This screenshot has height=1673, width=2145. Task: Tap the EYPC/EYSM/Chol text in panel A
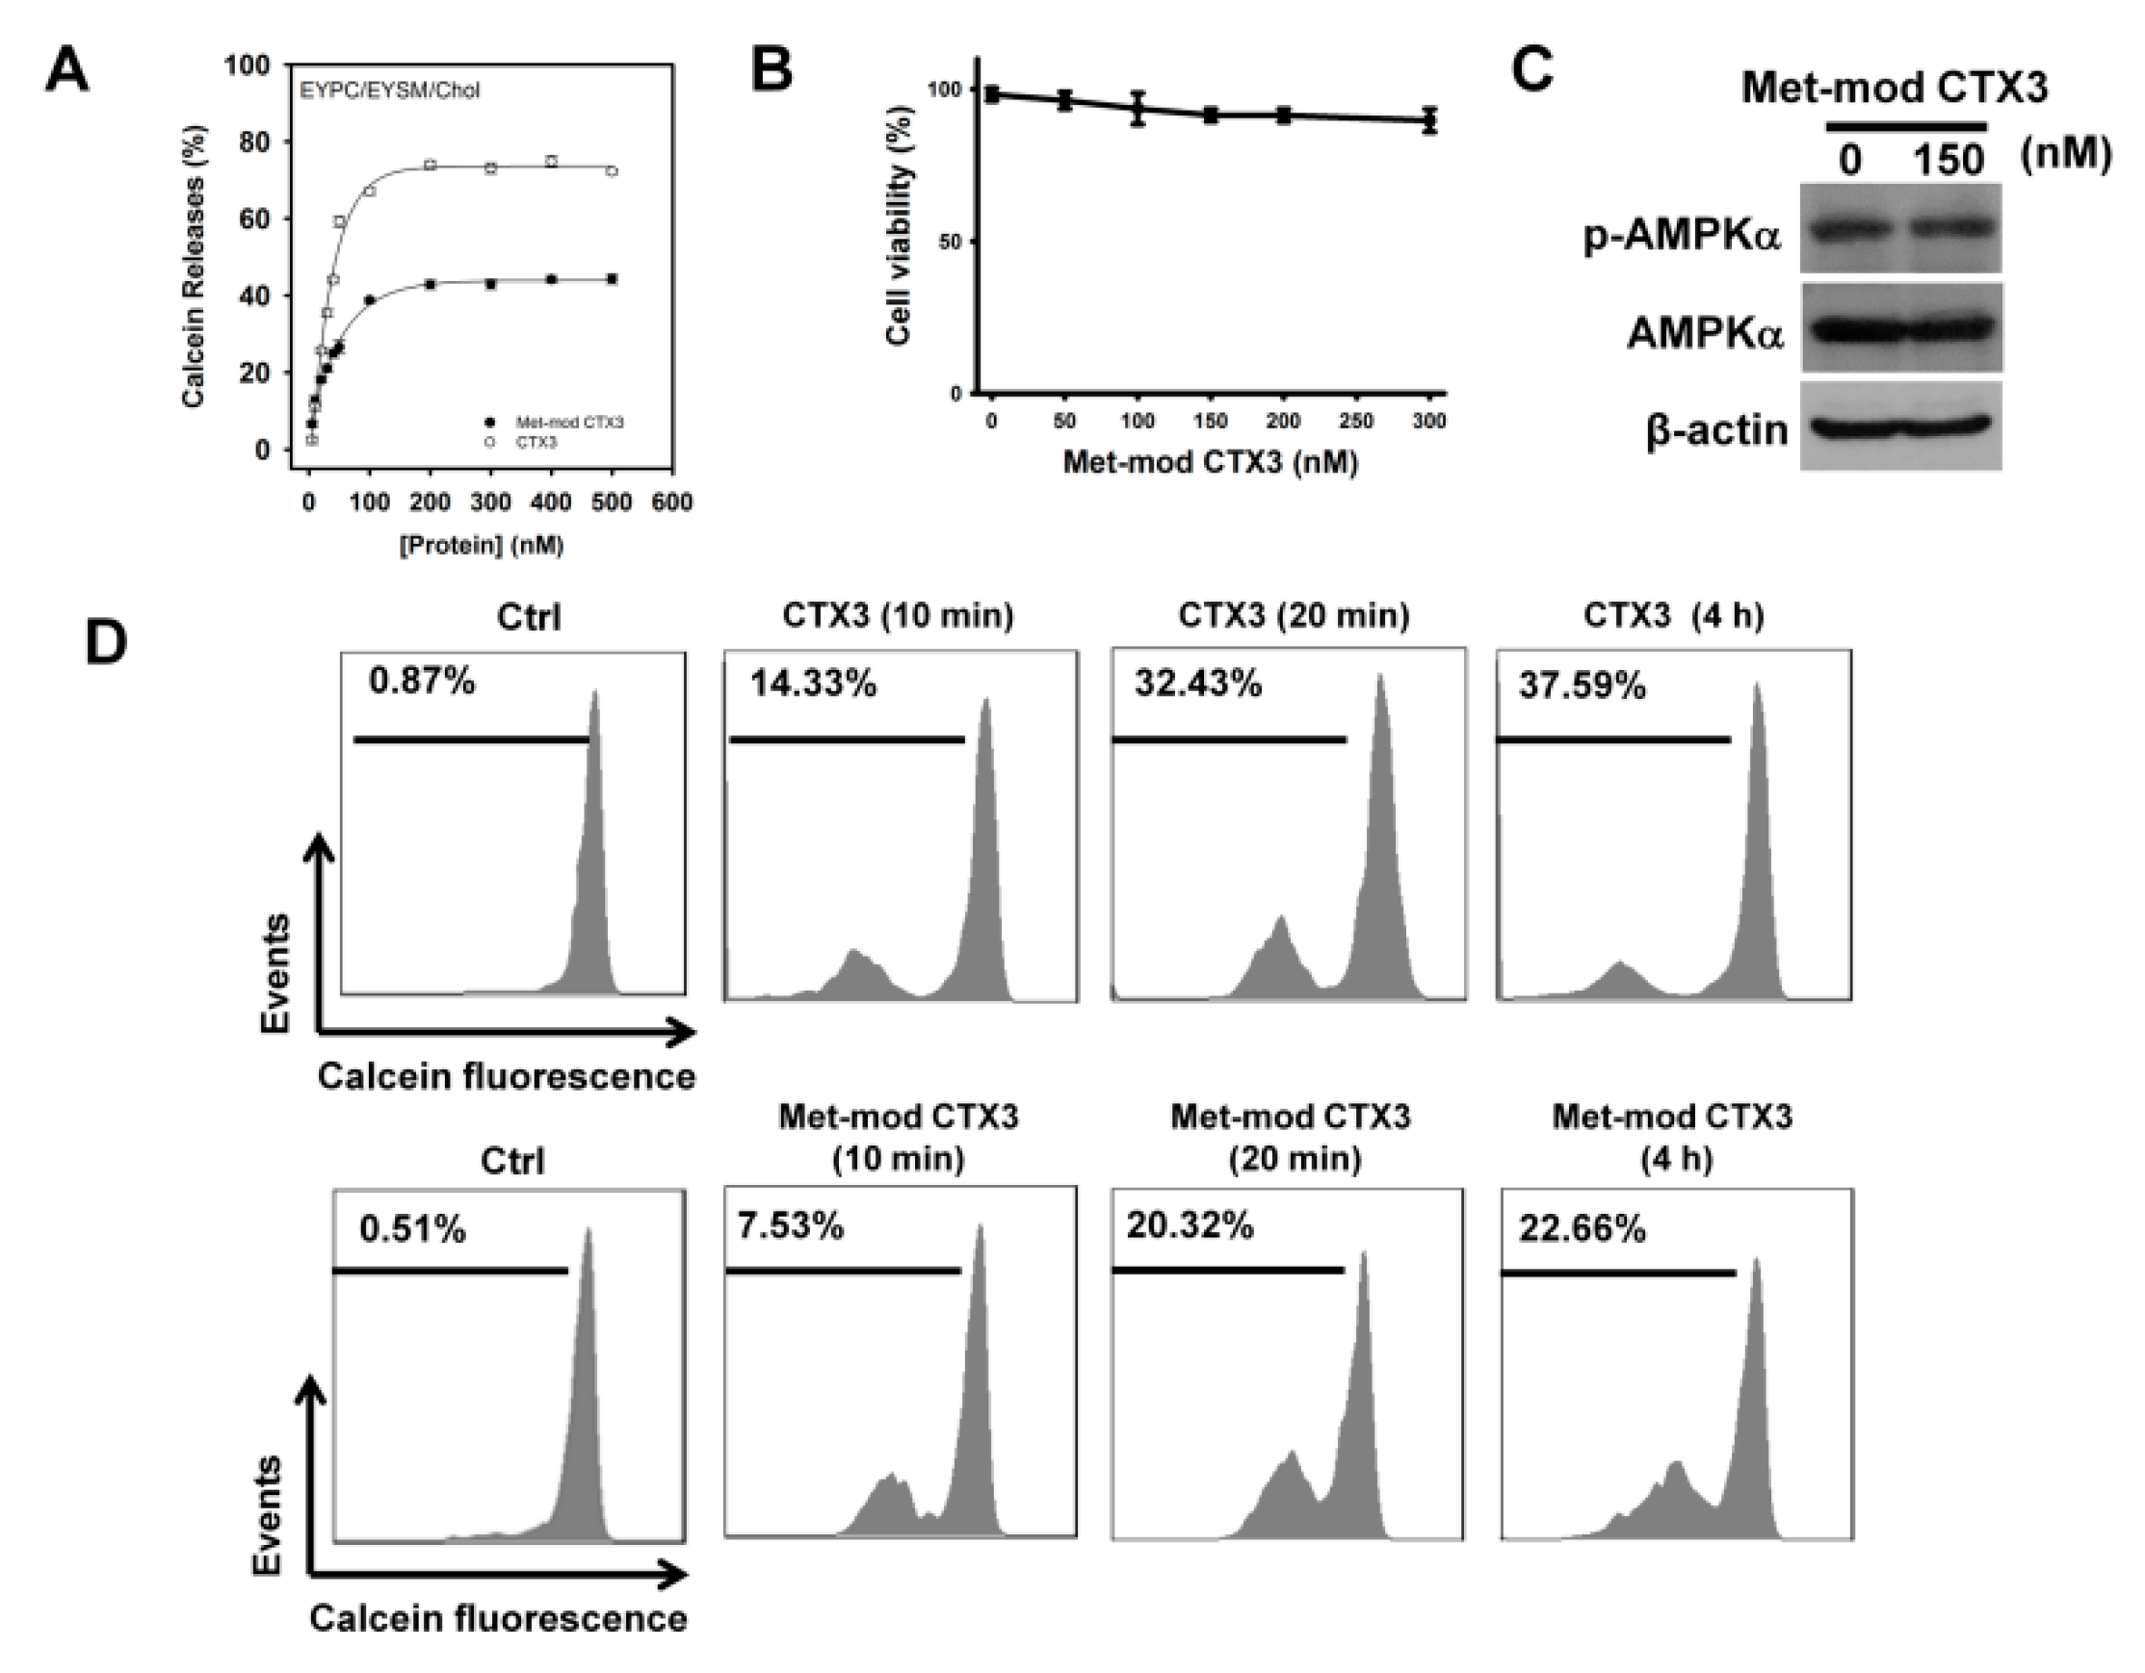(390, 91)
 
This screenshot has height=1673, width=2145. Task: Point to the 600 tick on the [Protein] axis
(672, 502)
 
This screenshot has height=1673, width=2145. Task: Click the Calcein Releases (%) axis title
(194, 266)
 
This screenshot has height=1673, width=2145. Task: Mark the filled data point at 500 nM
(612, 279)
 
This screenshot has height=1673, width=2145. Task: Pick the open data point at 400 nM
(551, 161)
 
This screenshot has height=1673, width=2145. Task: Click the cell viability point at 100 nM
(1138, 109)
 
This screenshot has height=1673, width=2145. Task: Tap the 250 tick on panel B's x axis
(1356, 422)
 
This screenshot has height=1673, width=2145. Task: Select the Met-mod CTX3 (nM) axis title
(1210, 461)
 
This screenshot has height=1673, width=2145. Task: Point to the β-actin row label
(1716, 430)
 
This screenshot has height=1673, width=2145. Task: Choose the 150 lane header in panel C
(1949, 160)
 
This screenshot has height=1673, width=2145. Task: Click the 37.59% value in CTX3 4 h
(1582, 685)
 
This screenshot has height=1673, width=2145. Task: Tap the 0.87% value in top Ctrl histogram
(421, 680)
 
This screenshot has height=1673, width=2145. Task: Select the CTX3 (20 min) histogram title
(1294, 616)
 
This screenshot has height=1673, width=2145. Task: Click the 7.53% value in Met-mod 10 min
(790, 1226)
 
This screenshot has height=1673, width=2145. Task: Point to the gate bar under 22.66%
(1617, 1274)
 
